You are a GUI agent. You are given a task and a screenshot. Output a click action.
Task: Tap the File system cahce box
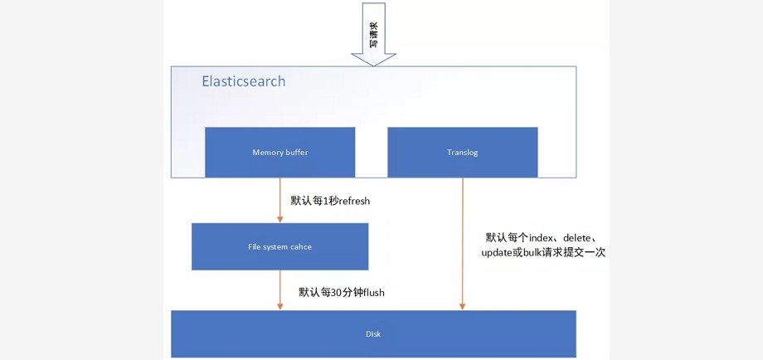(279, 246)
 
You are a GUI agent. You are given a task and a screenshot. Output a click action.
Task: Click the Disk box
(373, 333)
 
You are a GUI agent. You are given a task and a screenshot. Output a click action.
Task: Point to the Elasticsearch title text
(243, 81)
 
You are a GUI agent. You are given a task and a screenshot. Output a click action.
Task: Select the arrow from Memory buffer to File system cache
(280, 200)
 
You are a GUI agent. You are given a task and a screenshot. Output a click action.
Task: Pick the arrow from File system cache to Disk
(280, 289)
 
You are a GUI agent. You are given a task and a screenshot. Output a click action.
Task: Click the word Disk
(373, 333)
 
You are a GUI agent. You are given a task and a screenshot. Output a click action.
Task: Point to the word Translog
(462, 153)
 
